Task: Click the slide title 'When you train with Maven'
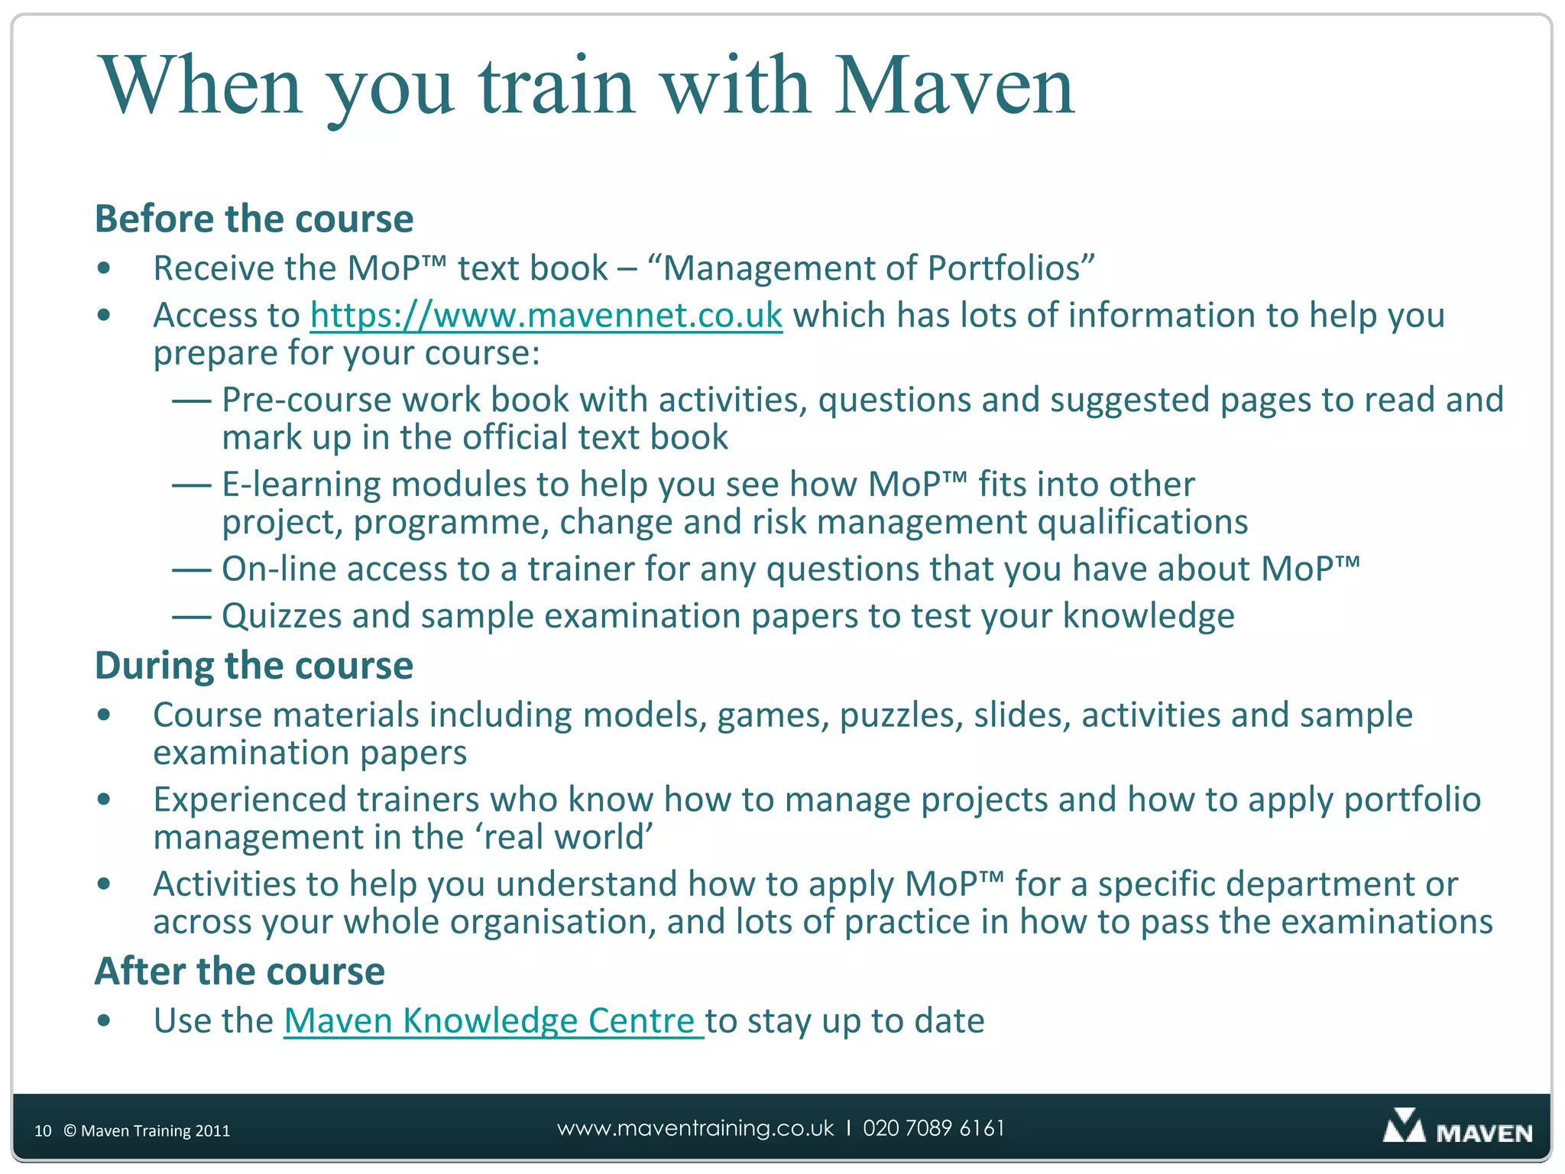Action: [586, 86]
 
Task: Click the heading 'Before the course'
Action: [254, 219]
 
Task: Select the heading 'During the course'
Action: [254, 666]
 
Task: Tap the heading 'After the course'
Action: [239, 971]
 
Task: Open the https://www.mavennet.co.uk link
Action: [546, 316]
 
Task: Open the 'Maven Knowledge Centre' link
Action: [492, 1021]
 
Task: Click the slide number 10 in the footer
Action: [43, 1131]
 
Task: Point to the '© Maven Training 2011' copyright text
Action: [147, 1131]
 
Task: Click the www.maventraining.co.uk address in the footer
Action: [695, 1128]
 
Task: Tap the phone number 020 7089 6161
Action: [934, 1128]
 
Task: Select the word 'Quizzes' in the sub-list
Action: [281, 616]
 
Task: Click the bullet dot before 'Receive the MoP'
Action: [105, 268]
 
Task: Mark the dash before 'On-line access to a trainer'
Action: [191, 570]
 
